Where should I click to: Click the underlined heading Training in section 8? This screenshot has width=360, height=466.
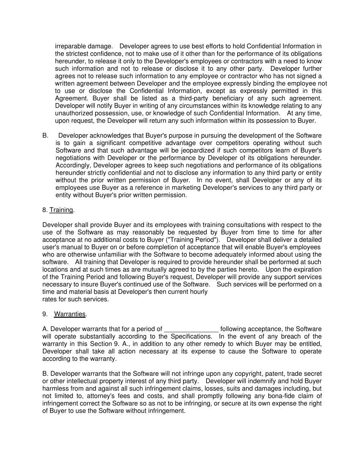(61, 210)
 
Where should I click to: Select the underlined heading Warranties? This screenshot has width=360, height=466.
(70, 314)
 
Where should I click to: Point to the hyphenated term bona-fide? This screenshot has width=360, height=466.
(278, 396)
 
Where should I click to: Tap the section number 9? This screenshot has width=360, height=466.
(45, 314)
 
